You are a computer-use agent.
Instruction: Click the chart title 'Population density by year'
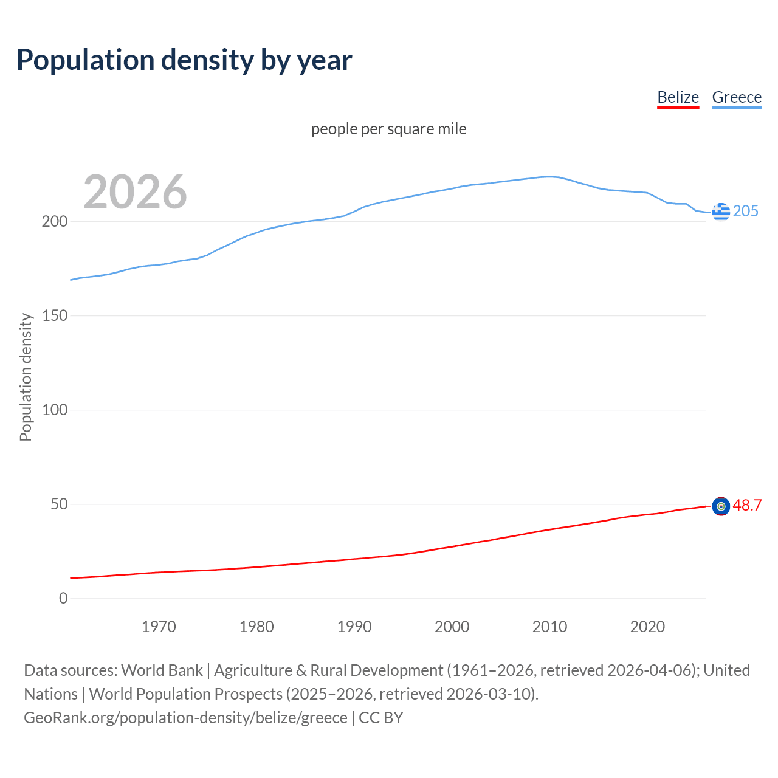[184, 60]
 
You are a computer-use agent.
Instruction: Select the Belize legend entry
[678, 97]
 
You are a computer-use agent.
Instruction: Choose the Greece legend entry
[737, 97]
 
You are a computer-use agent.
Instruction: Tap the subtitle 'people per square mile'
[389, 129]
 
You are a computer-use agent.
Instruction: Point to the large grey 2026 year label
[135, 192]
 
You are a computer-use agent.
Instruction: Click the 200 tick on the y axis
[54, 221]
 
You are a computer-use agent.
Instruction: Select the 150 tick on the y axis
[54, 315]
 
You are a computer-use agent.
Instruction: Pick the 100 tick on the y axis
[54, 410]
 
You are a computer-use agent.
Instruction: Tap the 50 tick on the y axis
[59, 504]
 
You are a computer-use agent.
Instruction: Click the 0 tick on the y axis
[63, 598]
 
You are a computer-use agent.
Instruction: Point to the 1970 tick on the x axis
[159, 627]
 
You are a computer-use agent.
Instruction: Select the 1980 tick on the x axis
[256, 627]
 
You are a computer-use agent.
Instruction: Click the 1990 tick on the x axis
[354, 627]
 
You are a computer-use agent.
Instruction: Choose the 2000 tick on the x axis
[452, 627]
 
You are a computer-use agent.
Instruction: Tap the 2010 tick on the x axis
[549, 627]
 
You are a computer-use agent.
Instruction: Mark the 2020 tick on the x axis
[647, 627]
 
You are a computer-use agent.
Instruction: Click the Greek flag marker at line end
[721, 212]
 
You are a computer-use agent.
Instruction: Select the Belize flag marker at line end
[721, 506]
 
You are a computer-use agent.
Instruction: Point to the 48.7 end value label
[747, 506]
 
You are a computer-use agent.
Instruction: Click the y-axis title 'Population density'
[26, 377]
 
